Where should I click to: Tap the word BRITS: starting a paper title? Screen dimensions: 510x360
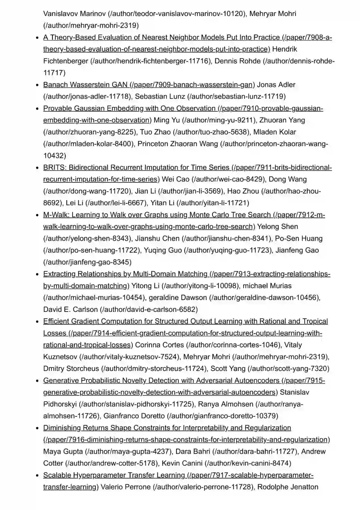pyautogui.click(x=55, y=167)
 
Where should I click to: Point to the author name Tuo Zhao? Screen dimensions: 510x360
pyautogui.click(x=155, y=132)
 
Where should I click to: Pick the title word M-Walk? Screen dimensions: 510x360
pyautogui.click(x=56, y=215)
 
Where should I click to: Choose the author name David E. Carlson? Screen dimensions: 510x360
pyautogui.click(x=70, y=310)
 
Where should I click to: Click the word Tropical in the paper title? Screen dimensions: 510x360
pyautogui.click(x=315, y=321)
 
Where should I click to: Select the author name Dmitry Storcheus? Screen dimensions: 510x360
pyautogui.click(x=71, y=369)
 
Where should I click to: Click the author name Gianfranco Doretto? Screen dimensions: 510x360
pyautogui.click(x=134, y=416)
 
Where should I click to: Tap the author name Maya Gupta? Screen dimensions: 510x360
pyautogui.click(x=63, y=452)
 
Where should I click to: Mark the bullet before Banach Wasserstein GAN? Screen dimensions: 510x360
pyautogui.click(x=38, y=85)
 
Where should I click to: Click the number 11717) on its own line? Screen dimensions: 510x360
pyautogui.click(x=54, y=73)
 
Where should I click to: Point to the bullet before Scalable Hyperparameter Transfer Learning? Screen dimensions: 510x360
pyautogui.click(x=38, y=475)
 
